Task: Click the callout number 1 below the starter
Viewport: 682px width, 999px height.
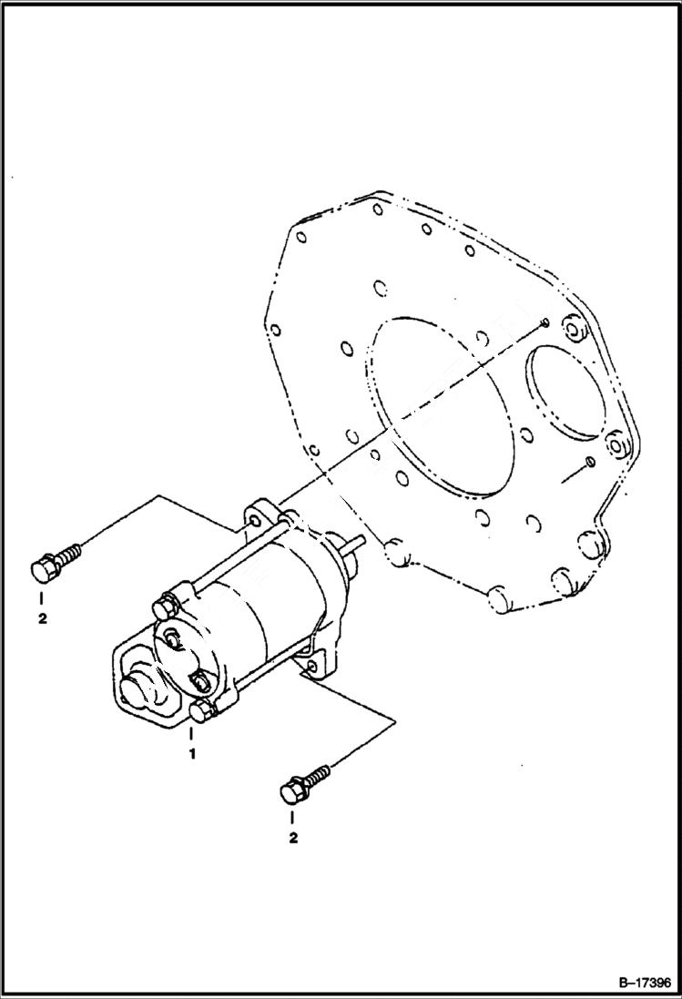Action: pos(192,754)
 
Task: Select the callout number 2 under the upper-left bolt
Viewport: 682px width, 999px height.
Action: pos(41,619)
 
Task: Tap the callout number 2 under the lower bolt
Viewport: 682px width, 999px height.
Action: pos(292,837)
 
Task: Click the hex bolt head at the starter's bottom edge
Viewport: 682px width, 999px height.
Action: pos(202,710)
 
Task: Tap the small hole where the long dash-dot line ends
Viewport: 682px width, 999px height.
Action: pos(544,321)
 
